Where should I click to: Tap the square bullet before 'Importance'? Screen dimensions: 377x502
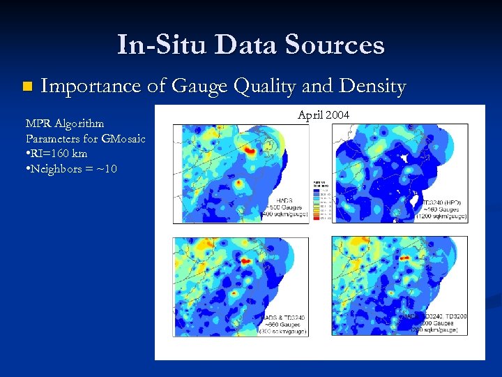[27, 87]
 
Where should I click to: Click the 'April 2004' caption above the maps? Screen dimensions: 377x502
[324, 114]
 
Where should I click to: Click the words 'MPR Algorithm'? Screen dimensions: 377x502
[64, 124]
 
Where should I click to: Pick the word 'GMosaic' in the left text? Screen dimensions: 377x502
[123, 138]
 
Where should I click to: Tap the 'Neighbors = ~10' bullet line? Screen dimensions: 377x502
[71, 169]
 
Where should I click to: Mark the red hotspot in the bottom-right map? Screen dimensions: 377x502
[403, 259]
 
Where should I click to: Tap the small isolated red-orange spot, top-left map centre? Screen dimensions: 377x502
[239, 183]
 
